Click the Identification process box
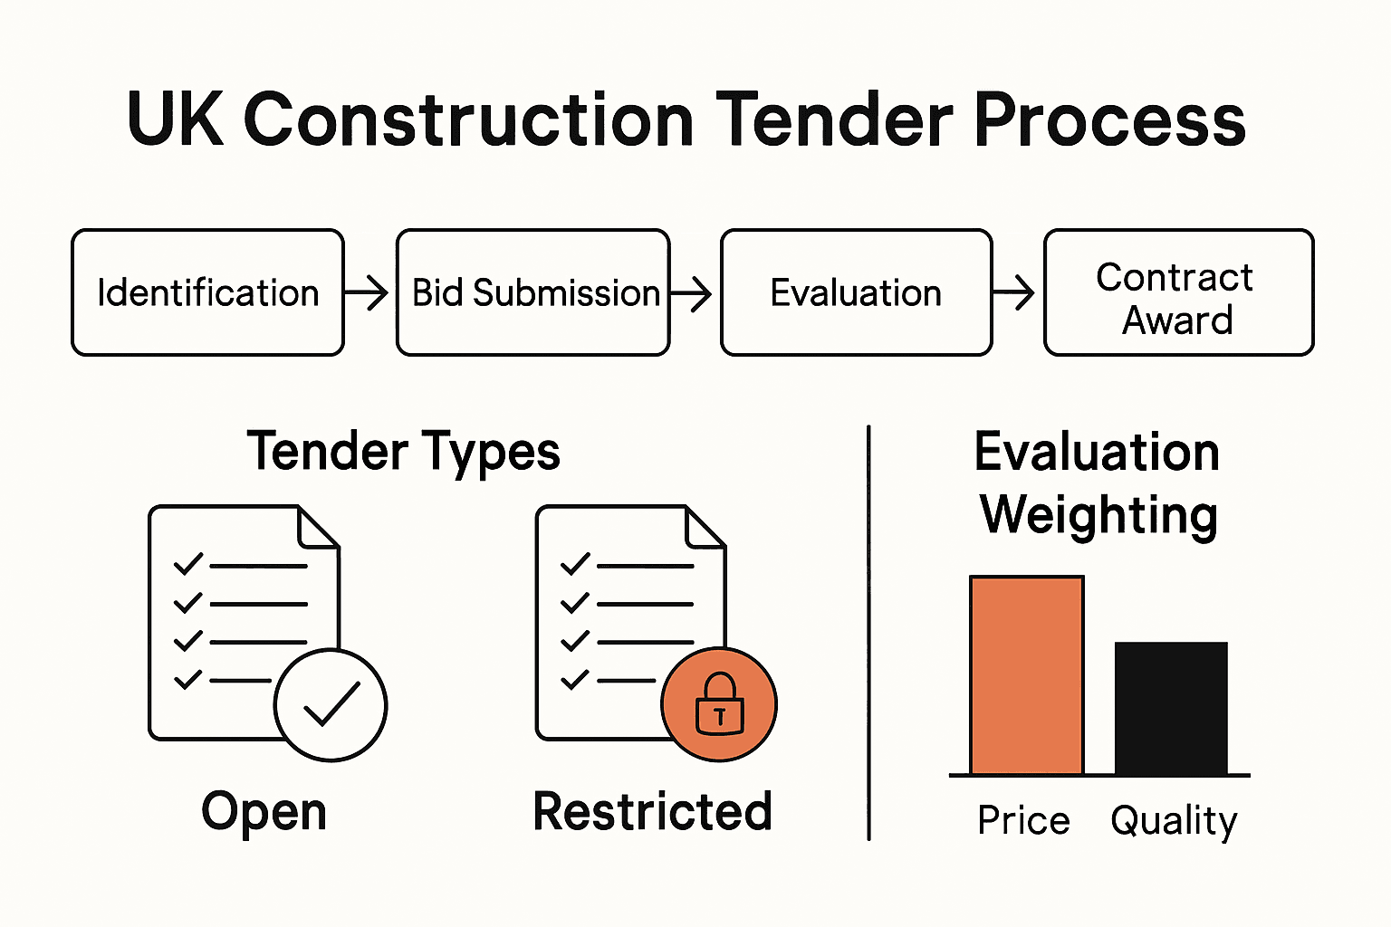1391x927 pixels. click(207, 292)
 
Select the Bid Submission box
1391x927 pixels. click(533, 292)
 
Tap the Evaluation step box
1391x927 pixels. click(856, 292)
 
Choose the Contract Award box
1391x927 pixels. click(1178, 292)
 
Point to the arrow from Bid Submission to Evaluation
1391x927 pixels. click(692, 292)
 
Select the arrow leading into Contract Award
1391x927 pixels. click(1014, 292)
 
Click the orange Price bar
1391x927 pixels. click(1026, 675)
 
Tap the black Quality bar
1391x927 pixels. click(1171, 708)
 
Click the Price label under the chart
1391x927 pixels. click(1023, 820)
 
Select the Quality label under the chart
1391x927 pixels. click(1174, 821)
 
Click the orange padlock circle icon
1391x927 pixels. click(719, 704)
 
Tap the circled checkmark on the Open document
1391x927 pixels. click(331, 704)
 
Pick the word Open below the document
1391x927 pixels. click(264, 812)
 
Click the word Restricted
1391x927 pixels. click(652, 811)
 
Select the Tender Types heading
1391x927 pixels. click(404, 452)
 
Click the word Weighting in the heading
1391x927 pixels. click(1098, 515)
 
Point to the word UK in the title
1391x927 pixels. click(175, 119)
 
